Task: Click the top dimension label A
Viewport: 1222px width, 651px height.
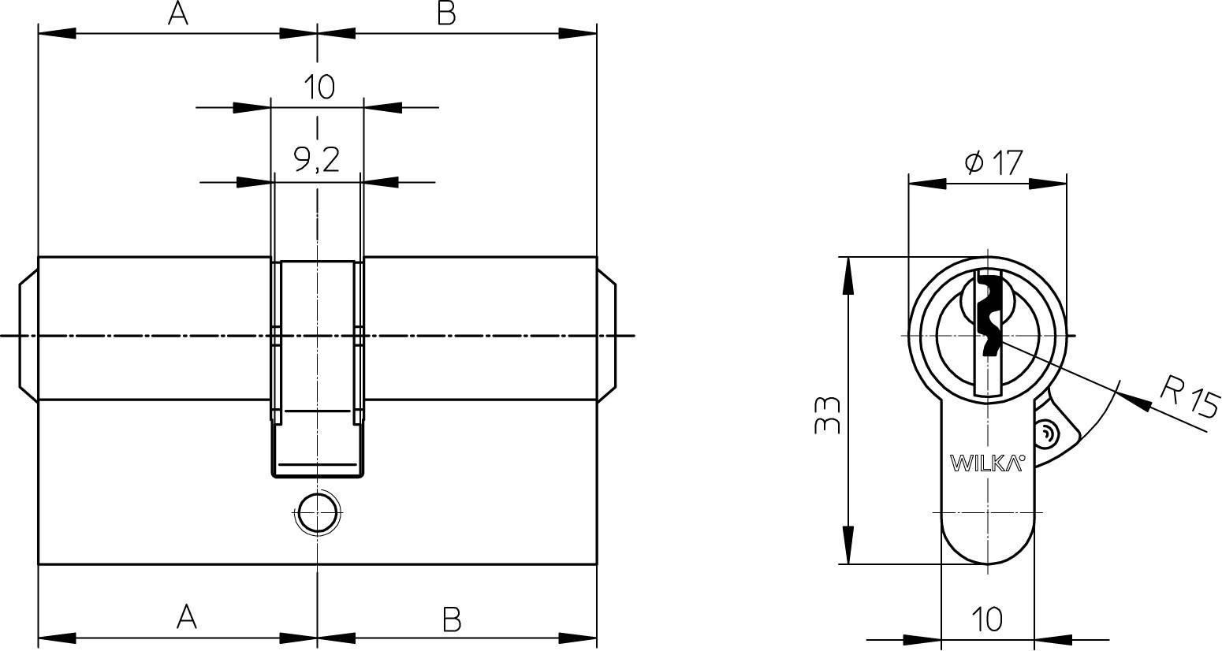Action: (178, 13)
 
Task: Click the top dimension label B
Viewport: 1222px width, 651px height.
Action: (446, 13)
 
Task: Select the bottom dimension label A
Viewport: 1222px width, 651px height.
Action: (186, 616)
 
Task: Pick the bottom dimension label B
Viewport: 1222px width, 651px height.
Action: (451, 619)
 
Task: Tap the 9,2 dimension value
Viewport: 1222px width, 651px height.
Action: (317, 160)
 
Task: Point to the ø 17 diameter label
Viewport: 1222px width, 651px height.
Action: (993, 163)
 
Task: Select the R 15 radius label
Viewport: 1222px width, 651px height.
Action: (1190, 396)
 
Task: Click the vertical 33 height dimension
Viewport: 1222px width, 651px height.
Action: (827, 415)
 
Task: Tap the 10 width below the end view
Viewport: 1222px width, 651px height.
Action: (986, 619)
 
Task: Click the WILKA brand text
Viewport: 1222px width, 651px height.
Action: (987, 463)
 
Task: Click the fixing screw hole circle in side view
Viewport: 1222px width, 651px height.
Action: (317, 513)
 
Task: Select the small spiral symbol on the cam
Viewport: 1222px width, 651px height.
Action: (1046, 433)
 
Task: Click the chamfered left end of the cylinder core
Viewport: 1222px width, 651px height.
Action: (28, 336)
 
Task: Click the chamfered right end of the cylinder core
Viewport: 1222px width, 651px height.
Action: (606, 336)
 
